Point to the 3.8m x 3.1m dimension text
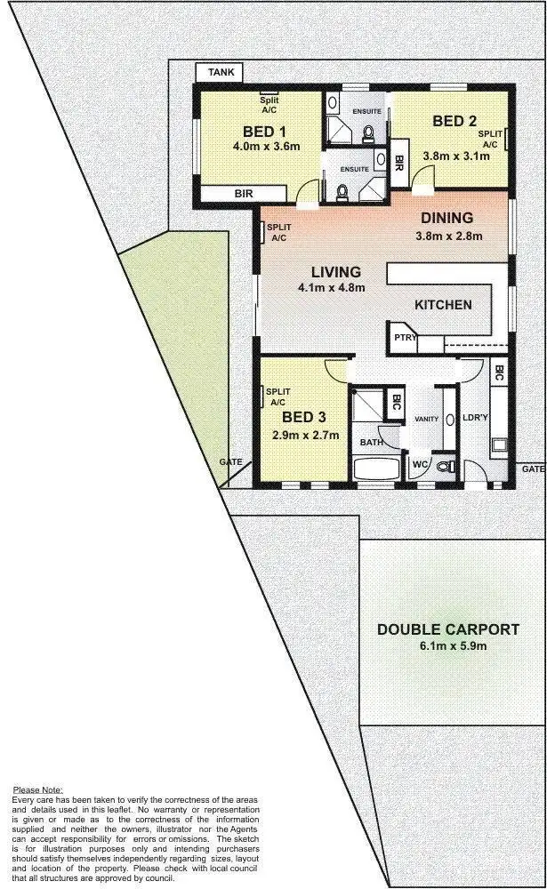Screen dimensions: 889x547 (455, 155)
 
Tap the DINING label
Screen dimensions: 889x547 (446, 218)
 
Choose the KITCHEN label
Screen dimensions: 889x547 (443, 305)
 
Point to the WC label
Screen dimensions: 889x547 (420, 464)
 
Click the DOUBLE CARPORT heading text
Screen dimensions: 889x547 (448, 629)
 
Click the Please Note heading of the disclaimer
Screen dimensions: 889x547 (38, 789)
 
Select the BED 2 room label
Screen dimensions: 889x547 (454, 121)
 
